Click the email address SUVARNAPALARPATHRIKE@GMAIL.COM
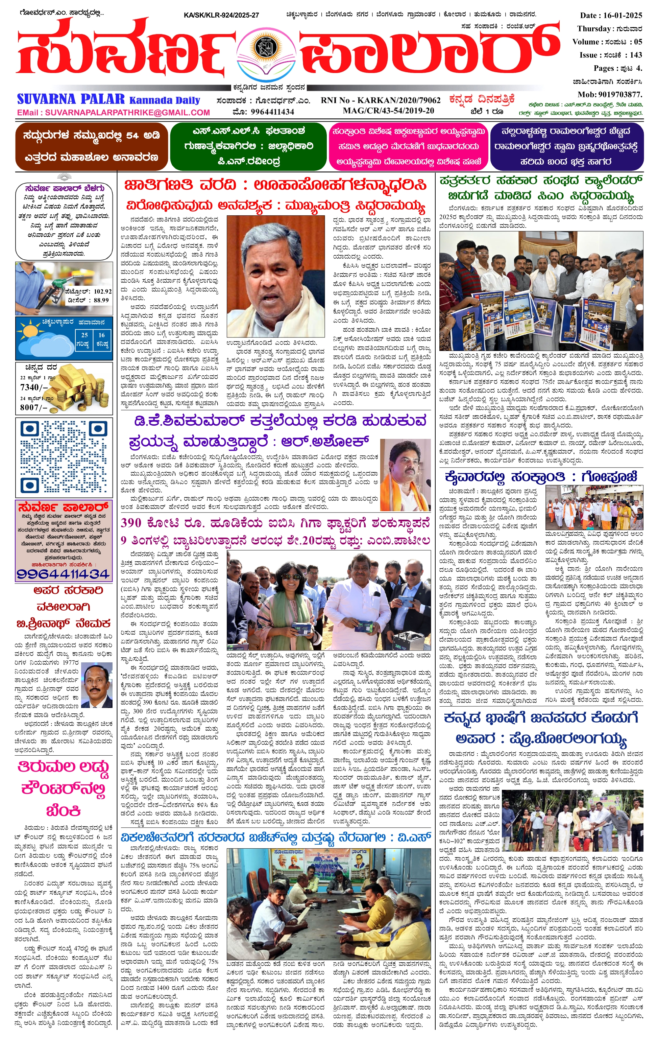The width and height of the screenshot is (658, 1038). point(127,113)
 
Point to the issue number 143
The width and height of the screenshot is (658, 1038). point(636,55)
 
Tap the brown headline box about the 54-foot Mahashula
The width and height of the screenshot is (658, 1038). point(91,146)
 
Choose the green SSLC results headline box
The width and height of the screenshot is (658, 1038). point(248,146)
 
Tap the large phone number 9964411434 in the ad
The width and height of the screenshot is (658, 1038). point(63,573)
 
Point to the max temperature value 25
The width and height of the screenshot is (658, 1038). point(84,335)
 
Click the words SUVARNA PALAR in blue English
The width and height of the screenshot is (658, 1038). point(71,100)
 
